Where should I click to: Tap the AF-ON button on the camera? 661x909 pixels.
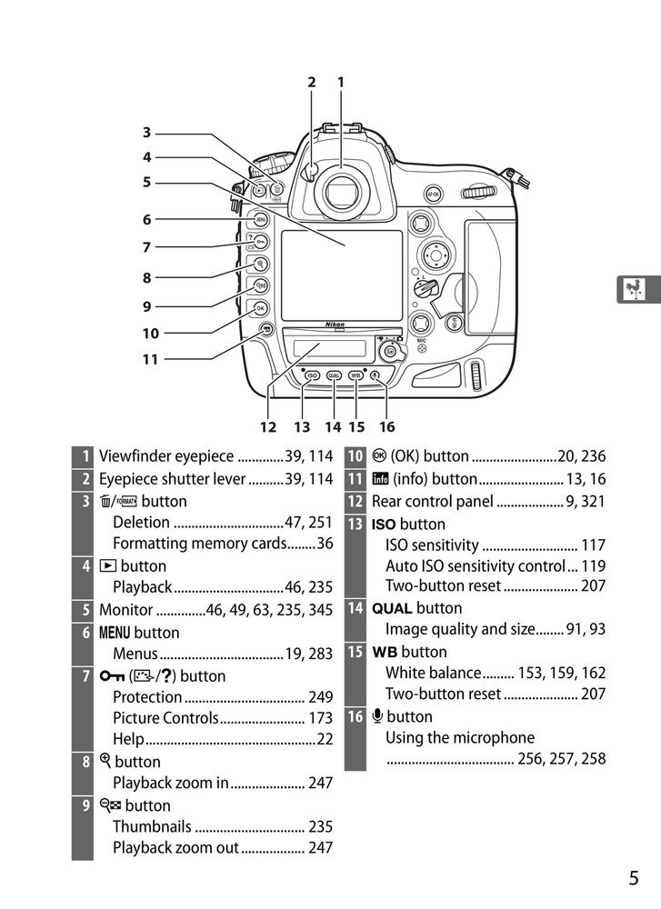click(434, 194)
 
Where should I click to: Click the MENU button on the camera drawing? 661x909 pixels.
click(260, 219)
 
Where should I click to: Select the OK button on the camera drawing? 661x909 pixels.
click(261, 307)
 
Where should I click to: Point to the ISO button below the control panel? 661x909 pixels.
click(312, 375)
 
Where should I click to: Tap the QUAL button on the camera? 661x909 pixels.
click(334, 375)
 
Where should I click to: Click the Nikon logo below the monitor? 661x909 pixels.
click(336, 325)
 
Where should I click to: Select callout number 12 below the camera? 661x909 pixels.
click(267, 426)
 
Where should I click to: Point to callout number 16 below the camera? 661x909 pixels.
click(387, 426)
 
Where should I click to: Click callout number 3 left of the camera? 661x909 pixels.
click(146, 133)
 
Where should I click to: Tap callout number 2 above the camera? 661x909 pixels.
click(311, 82)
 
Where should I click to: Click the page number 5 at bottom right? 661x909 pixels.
click(633, 877)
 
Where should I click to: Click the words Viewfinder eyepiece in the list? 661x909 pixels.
click(166, 456)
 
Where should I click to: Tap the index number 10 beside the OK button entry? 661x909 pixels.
click(356, 456)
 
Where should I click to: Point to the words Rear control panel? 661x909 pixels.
click(432, 501)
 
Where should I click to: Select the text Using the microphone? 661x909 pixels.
click(460, 737)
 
